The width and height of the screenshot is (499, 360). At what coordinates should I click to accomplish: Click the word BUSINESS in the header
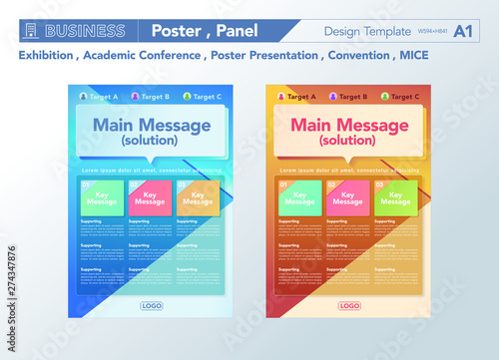(84, 31)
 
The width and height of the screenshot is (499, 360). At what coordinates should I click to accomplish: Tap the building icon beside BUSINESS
(30, 31)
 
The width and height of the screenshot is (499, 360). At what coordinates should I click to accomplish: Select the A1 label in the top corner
(463, 31)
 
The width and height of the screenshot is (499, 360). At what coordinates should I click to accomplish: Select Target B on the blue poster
(153, 97)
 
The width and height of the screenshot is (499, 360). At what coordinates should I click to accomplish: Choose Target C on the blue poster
(205, 97)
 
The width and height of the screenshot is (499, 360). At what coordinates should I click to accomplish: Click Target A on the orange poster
(296, 97)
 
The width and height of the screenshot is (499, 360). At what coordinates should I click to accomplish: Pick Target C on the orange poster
(400, 97)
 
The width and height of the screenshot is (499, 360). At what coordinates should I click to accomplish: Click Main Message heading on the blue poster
(151, 126)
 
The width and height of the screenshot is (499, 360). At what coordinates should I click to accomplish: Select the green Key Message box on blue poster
(102, 197)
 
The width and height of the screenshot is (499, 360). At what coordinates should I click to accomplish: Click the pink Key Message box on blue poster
(150, 197)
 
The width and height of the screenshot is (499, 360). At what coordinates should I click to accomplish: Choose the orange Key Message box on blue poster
(198, 197)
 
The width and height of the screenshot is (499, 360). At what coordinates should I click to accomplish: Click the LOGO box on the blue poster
(152, 306)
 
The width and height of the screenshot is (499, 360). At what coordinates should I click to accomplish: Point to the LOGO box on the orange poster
(348, 306)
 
